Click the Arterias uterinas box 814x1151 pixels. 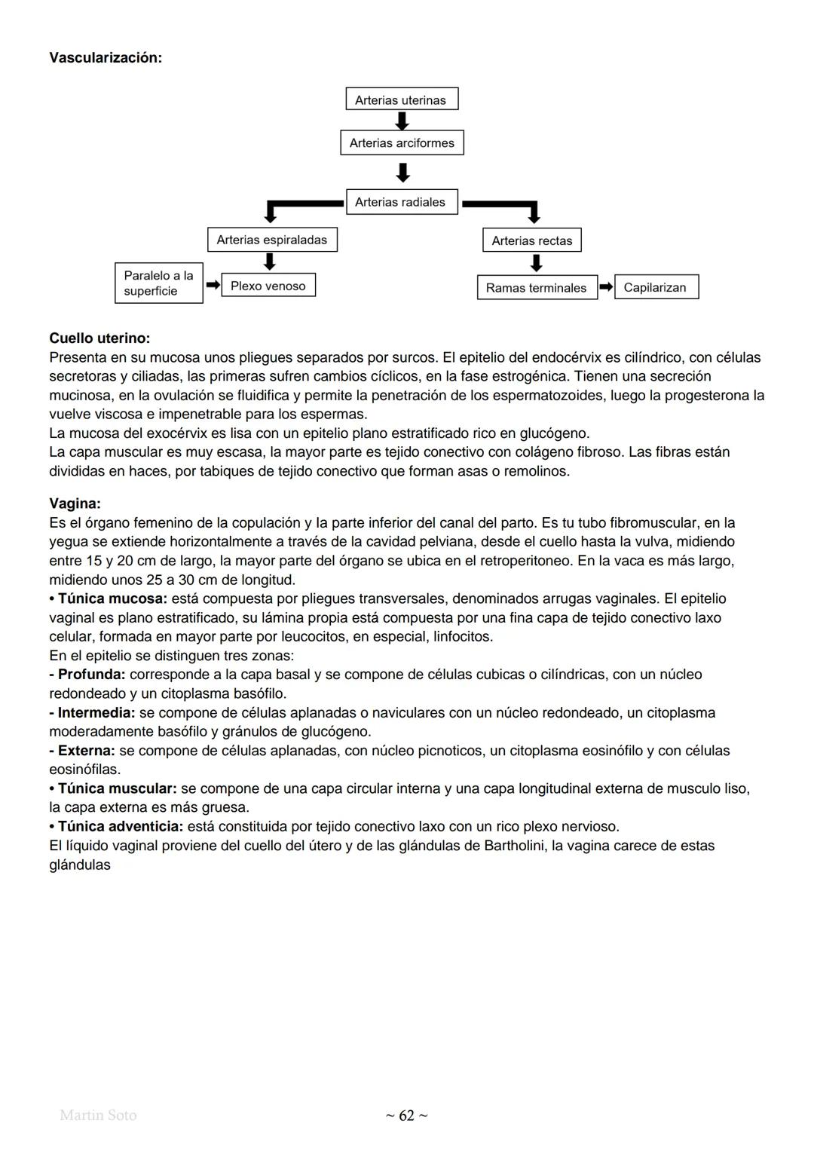[x=402, y=99]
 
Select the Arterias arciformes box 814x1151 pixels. [x=402, y=142]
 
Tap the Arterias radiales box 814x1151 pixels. [x=402, y=202]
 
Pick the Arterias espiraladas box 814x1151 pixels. [x=272, y=240]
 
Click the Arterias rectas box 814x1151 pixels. [x=532, y=240]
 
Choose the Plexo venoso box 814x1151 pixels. [x=268, y=286]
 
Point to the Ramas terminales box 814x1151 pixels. [x=537, y=288]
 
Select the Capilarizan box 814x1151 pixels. [x=656, y=287]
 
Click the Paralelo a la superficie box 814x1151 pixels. [x=159, y=283]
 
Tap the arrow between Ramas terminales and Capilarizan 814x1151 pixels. [x=606, y=287]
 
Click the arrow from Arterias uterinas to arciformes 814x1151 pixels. [x=402, y=121]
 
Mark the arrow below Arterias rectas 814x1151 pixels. [x=536, y=263]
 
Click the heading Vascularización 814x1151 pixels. [x=105, y=58]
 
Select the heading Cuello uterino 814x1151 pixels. [x=99, y=338]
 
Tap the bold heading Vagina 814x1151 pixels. [x=75, y=504]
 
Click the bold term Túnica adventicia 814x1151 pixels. [x=120, y=827]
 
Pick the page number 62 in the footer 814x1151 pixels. [x=406, y=1116]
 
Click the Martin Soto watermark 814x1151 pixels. [x=98, y=1116]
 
